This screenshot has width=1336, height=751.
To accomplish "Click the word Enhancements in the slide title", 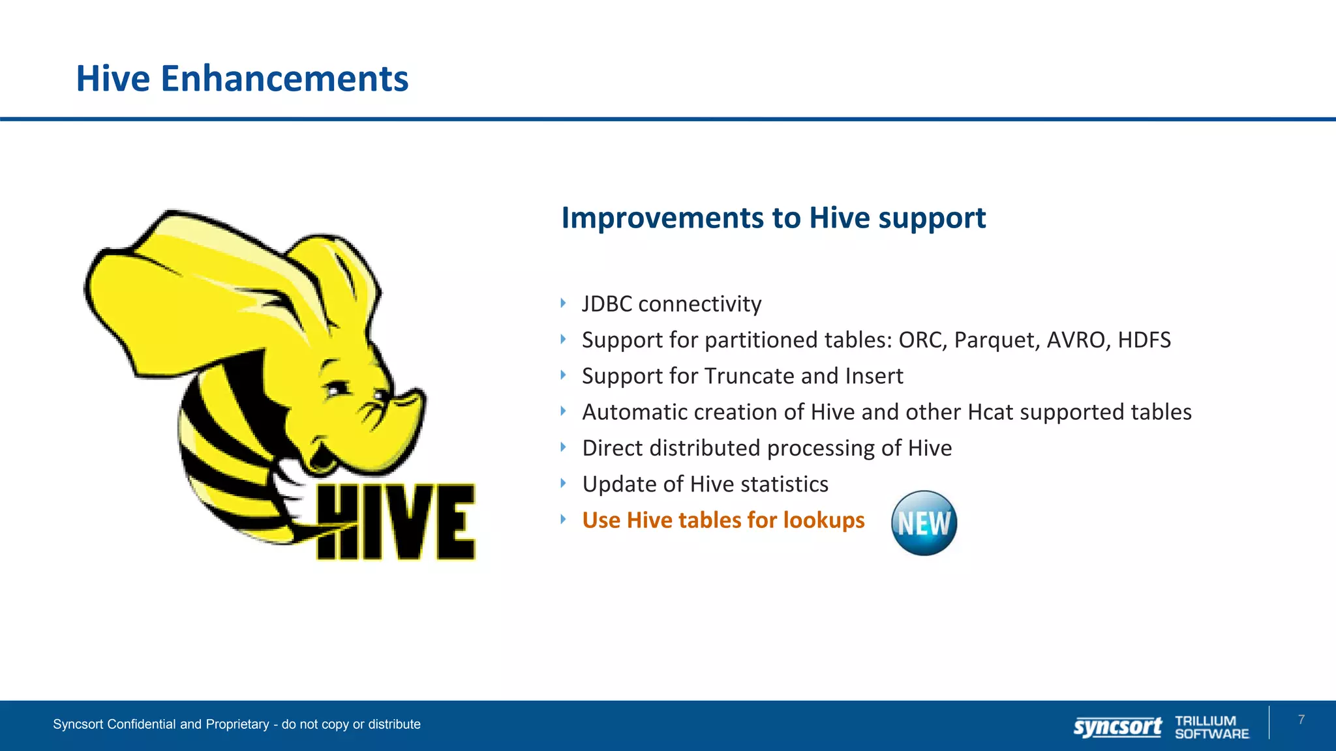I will pyautogui.click(x=284, y=79).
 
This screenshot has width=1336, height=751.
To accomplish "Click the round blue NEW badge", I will pyautogui.click(x=924, y=523).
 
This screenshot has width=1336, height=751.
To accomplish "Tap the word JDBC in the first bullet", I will pyautogui.click(x=607, y=304).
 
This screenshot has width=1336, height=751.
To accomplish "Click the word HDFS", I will pyautogui.click(x=1144, y=340).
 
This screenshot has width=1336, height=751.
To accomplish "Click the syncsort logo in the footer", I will pyautogui.click(x=1117, y=726).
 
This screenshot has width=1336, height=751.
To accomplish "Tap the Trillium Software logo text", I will pyautogui.click(x=1211, y=727).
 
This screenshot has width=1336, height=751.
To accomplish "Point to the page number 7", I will pyautogui.click(x=1301, y=720).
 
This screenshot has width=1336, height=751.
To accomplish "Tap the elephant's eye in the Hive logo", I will pyautogui.click(x=337, y=389).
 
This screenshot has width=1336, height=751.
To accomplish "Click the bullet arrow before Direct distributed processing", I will pyautogui.click(x=563, y=447).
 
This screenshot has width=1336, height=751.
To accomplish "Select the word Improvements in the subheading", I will pyautogui.click(x=662, y=218).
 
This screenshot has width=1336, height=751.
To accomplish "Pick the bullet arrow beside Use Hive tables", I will pyautogui.click(x=563, y=520).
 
